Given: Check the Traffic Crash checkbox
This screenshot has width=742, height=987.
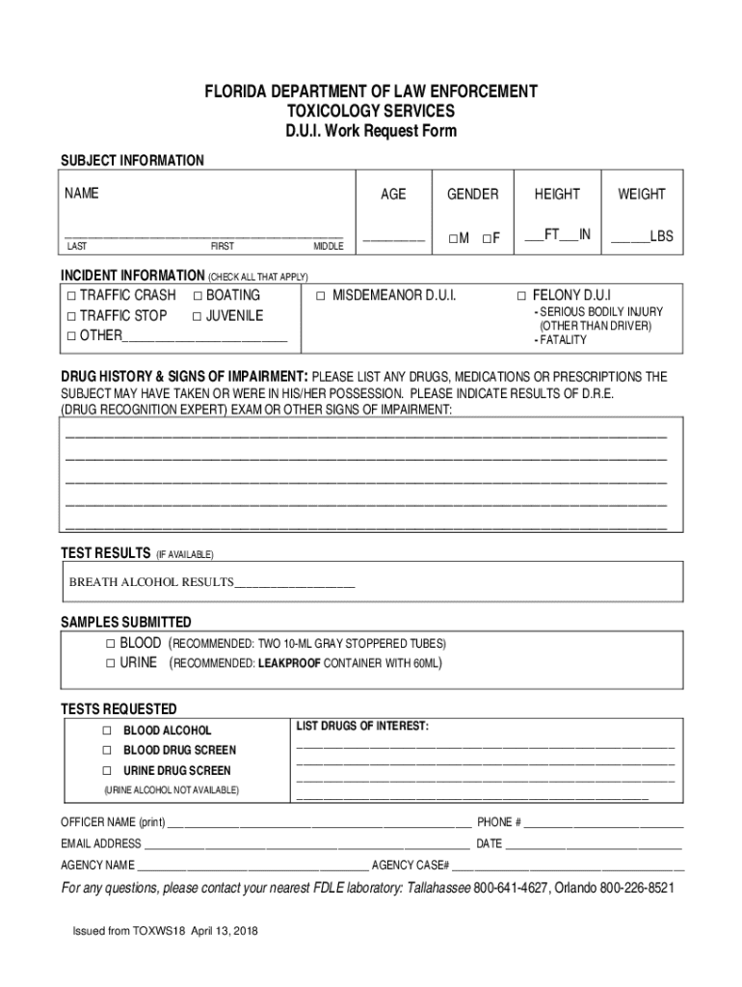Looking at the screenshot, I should (71, 296).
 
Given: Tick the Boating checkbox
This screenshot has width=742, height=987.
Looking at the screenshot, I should (198, 296).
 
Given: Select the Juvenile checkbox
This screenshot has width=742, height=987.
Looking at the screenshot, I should (198, 316).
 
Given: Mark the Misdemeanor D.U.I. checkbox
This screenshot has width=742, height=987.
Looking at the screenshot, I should (321, 296).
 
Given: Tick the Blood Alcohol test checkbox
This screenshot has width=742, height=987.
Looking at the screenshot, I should (107, 731).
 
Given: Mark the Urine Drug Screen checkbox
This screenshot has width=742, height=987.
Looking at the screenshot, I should (107, 771).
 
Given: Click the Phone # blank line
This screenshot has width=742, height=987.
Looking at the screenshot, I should (604, 824).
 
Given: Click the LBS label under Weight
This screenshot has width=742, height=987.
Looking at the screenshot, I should (661, 236).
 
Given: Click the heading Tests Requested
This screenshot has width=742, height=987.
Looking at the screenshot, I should (119, 708).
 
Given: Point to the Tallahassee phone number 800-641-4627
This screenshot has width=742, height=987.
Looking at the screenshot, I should (510, 888).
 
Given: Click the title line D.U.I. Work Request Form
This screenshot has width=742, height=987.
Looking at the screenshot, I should (371, 131).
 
